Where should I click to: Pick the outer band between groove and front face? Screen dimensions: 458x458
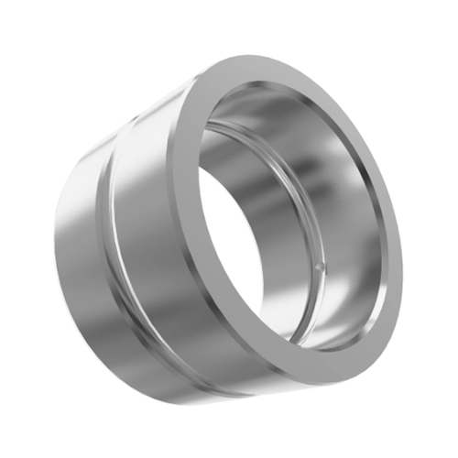(x=147, y=229)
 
